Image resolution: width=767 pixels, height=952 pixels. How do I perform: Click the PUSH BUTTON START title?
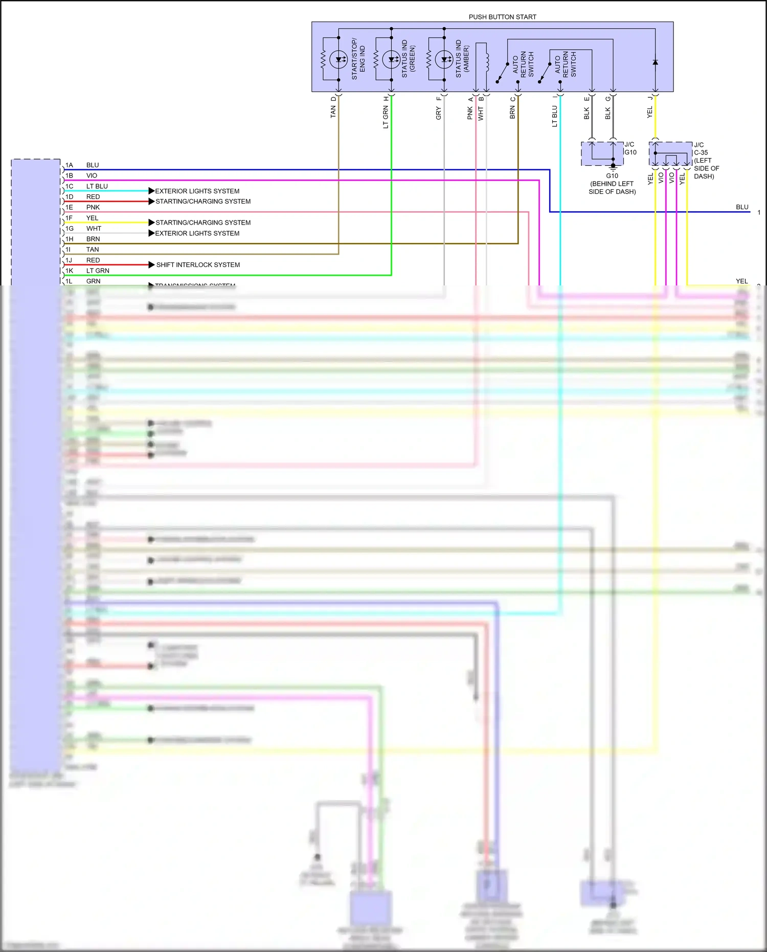502,17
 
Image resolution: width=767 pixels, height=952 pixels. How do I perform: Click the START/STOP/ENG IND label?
358,58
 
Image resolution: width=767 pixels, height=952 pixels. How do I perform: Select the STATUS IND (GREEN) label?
408,58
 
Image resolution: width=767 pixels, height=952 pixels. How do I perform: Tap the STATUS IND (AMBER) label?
462,58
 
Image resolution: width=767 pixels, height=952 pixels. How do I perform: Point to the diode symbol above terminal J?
655,62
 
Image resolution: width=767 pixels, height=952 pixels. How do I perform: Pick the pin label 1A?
69,165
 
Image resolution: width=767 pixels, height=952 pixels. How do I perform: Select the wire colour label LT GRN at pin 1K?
98,271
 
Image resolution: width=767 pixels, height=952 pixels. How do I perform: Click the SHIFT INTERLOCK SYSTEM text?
198,264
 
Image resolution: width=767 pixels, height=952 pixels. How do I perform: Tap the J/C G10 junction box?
602,153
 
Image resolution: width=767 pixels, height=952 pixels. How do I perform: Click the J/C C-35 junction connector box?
670,153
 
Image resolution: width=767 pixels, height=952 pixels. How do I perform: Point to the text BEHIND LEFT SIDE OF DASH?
612,188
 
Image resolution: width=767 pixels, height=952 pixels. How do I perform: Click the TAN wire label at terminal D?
333,112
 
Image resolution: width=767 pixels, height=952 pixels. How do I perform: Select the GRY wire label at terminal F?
438,114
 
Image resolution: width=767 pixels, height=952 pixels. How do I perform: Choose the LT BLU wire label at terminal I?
554,116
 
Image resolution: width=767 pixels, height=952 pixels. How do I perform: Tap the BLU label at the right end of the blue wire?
742,207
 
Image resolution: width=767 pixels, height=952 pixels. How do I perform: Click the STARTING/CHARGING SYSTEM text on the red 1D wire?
203,202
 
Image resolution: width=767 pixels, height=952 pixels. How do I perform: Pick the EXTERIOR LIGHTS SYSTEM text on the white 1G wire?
197,233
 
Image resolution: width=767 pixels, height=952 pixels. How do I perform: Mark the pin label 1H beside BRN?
69,239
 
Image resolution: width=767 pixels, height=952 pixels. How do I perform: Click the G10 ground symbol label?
612,175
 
